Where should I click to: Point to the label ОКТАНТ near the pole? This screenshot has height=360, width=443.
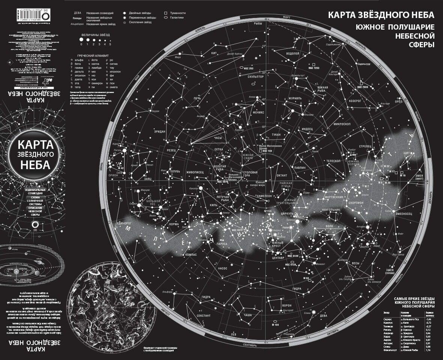(x=282, y=175)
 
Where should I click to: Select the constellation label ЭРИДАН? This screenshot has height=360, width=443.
(x=160, y=132)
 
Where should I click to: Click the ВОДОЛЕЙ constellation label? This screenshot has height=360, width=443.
(x=292, y=53)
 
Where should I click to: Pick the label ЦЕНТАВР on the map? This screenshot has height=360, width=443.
(x=278, y=258)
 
